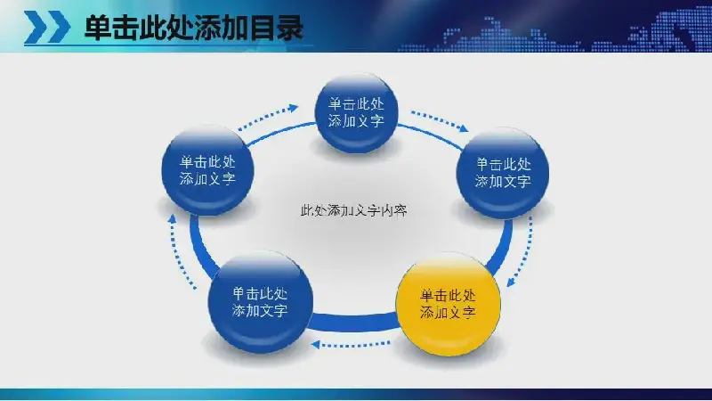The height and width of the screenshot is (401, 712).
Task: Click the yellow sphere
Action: click(449, 304)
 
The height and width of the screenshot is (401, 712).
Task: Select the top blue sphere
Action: click(357, 113)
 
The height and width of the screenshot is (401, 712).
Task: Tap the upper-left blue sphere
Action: click(207, 170)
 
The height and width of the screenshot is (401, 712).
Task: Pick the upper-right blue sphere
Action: click(503, 173)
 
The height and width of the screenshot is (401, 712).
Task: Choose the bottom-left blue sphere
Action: click(260, 302)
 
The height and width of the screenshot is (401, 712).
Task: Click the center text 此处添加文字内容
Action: click(353, 210)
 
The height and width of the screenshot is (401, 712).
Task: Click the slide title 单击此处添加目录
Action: click(194, 28)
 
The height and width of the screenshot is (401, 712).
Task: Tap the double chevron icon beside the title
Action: click(47, 28)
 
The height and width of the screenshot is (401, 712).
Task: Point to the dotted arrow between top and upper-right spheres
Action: click(439, 121)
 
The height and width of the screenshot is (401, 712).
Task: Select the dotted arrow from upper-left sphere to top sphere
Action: click(268, 118)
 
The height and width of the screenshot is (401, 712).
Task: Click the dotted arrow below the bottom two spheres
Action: click(351, 345)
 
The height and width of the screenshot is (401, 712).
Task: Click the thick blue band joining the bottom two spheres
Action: click(354, 322)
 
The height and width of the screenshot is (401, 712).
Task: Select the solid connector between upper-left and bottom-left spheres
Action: click(199, 246)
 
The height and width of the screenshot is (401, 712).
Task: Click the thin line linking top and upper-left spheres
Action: click(280, 132)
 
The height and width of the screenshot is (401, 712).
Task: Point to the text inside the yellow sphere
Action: click(448, 304)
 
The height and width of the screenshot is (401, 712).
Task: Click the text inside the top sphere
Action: click(357, 112)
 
